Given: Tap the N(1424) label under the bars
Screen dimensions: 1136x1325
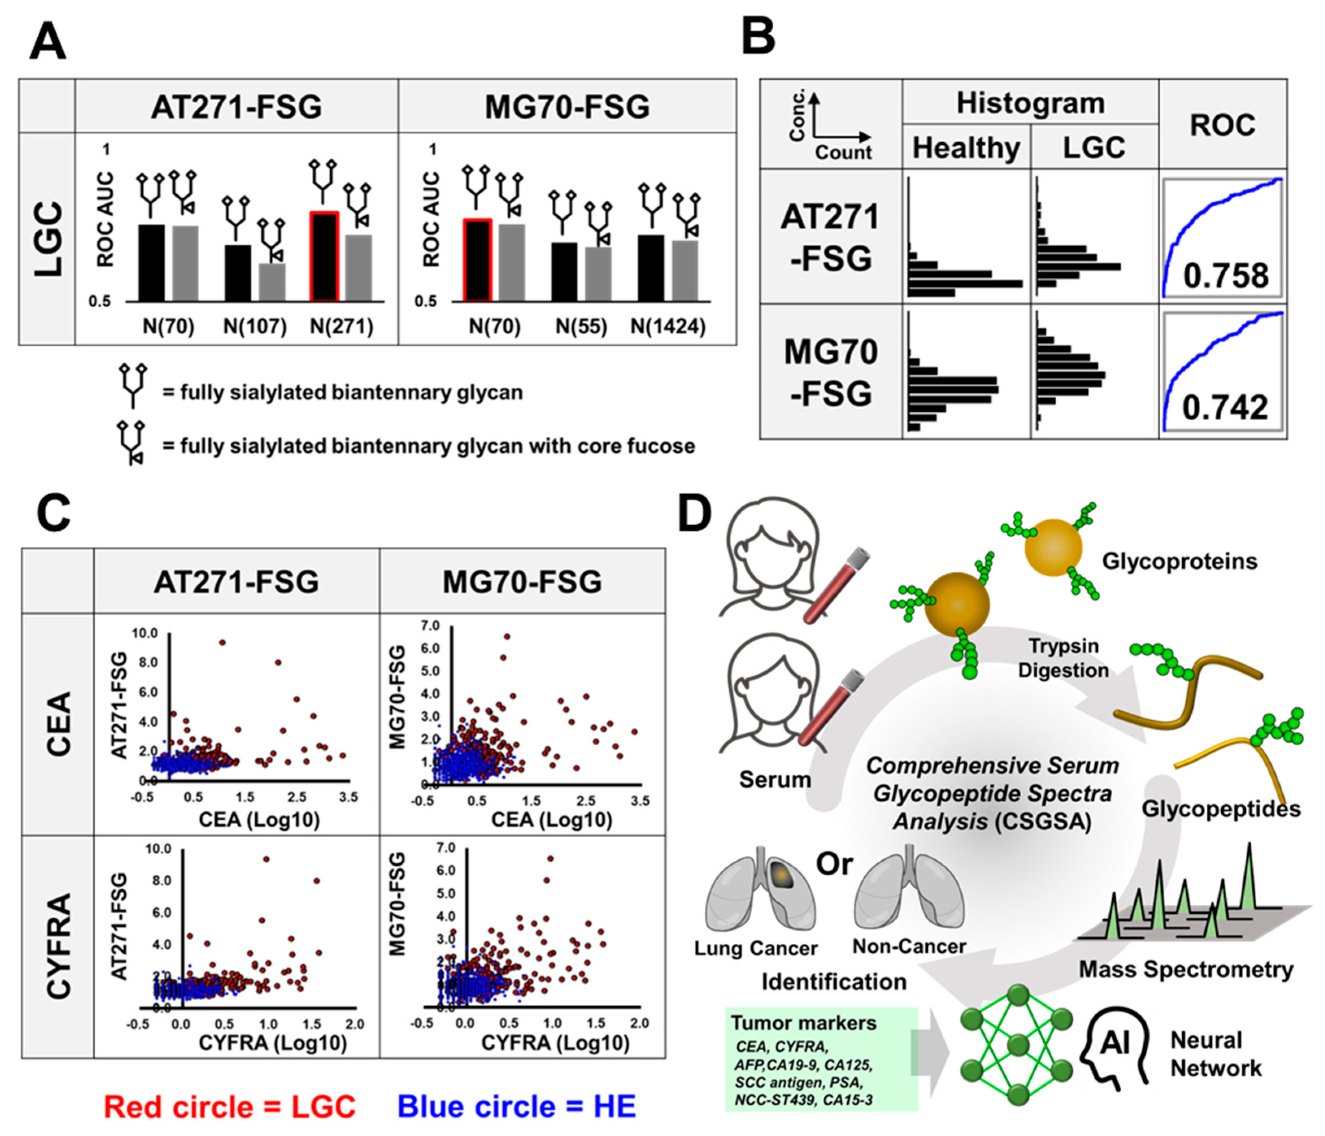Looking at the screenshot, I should click(x=668, y=327).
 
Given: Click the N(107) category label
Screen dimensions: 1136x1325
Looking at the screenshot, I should click(x=255, y=327).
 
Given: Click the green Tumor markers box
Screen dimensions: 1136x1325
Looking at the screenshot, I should click(x=822, y=1059).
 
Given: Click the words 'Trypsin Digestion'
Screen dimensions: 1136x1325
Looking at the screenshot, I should click(x=1064, y=658).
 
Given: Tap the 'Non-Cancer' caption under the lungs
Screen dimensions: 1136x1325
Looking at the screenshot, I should click(x=909, y=946).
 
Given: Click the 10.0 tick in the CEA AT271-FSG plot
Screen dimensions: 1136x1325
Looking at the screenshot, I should click(x=144, y=634).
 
